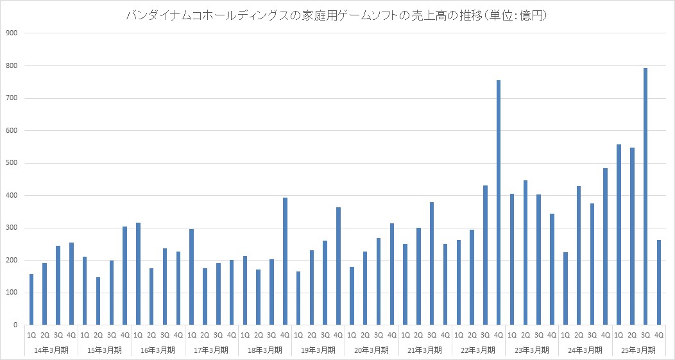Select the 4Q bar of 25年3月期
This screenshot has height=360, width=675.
659,282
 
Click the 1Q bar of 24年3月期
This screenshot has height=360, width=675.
565,289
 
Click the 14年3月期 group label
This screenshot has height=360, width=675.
51,350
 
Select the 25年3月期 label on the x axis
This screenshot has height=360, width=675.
639,350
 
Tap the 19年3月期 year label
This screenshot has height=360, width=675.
318,350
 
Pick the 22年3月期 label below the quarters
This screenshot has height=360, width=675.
479,350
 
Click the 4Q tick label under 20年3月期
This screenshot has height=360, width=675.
391,335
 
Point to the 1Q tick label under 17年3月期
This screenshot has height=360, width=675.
191,335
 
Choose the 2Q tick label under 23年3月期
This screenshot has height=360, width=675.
525,335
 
